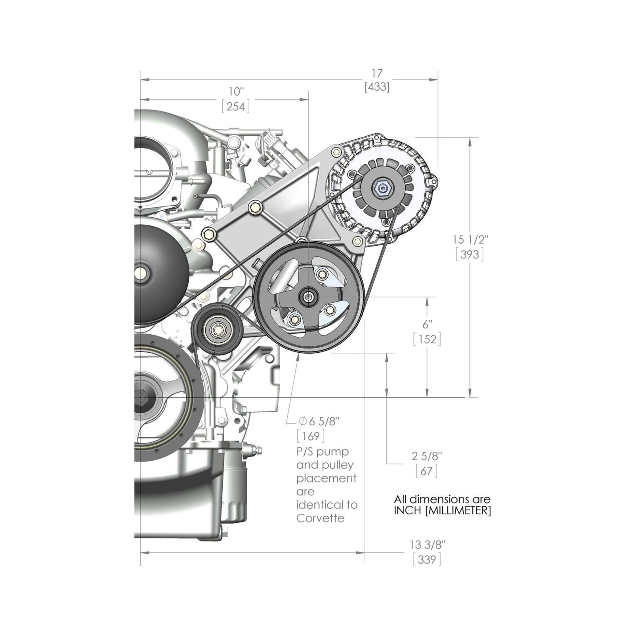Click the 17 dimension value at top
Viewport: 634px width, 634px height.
377,73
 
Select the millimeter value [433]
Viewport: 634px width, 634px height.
377,87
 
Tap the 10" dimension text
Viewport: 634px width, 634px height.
236,92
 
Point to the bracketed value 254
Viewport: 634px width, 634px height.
236,106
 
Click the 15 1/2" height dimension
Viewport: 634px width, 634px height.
470,240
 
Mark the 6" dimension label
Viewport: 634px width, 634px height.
427,325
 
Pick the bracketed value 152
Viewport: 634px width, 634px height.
427,339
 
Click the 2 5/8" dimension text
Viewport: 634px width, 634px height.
427,456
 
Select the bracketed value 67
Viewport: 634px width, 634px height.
427,471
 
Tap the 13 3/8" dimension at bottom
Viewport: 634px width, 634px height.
428,545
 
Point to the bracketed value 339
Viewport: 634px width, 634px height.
427,560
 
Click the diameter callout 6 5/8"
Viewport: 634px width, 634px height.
319,421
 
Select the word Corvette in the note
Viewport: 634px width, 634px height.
320,518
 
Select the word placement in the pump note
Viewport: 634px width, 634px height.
327,479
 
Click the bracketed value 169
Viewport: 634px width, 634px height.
311,436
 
